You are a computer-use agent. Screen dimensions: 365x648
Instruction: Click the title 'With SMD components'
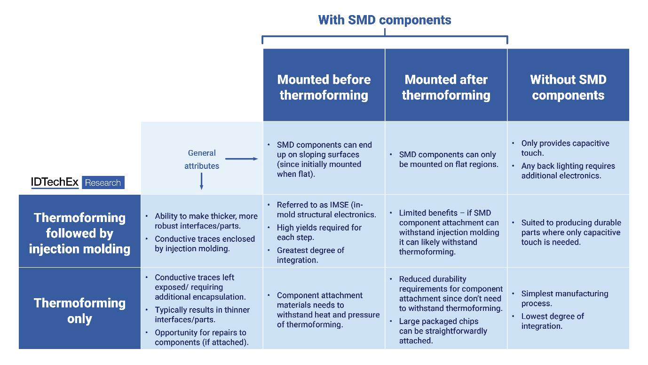click(384, 20)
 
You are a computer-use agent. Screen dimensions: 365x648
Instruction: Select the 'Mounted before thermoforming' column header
click(324, 87)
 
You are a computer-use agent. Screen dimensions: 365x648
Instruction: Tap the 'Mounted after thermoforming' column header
click(446, 87)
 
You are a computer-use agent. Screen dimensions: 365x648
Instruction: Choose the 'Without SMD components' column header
click(568, 87)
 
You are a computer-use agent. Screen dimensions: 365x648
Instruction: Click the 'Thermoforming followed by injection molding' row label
click(79, 233)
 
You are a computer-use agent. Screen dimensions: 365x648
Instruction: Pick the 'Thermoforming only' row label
click(79, 310)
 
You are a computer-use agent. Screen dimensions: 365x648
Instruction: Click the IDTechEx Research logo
click(78, 182)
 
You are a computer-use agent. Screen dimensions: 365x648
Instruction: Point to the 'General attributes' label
click(202, 159)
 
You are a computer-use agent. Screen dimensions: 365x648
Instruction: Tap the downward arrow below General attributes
click(201, 181)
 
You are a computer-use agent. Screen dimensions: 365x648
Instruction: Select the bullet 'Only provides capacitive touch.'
click(565, 148)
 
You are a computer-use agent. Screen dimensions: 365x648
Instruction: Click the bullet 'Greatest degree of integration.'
click(310, 255)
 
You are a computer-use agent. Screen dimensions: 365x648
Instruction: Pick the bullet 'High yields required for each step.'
click(319, 232)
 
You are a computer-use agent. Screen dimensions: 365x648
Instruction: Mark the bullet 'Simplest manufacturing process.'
click(565, 298)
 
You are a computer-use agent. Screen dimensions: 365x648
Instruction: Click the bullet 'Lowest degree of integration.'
click(553, 321)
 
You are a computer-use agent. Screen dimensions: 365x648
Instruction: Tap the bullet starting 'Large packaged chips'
click(443, 331)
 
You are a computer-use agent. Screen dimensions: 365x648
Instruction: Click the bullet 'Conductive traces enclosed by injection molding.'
click(205, 244)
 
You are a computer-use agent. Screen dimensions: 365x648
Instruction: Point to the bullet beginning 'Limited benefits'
click(449, 232)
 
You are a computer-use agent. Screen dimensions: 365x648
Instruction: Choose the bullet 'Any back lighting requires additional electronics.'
click(568, 171)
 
